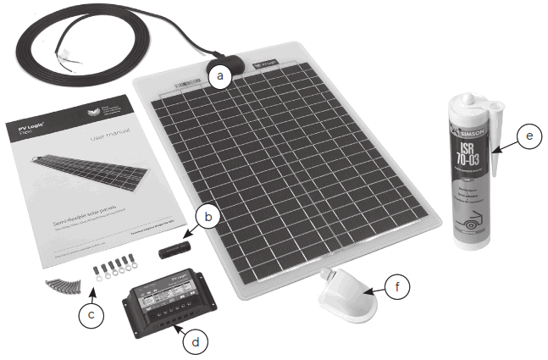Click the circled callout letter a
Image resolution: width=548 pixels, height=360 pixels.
[221, 76]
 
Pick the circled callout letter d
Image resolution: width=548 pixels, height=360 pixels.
[197, 342]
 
